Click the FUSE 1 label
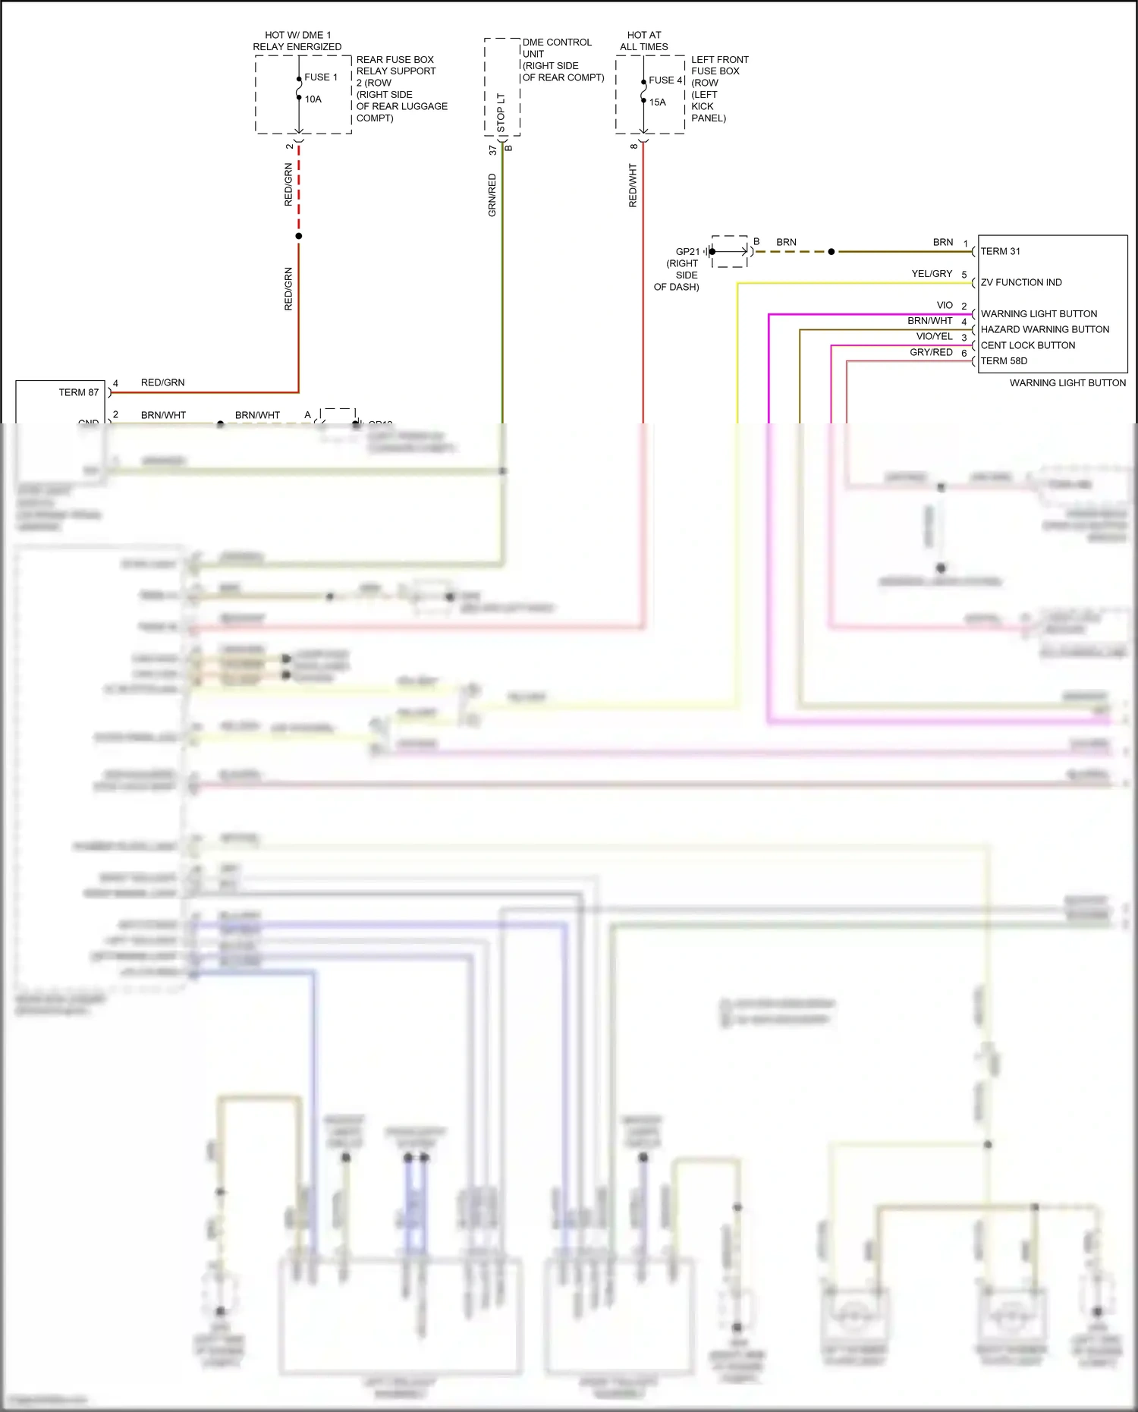[x=321, y=77]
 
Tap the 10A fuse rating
[x=313, y=99]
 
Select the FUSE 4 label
[x=666, y=80]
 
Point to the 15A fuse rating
[x=658, y=102]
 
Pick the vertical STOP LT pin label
[x=501, y=113]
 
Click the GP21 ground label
[x=687, y=252]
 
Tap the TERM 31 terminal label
[x=1000, y=252]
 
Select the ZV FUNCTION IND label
[x=1021, y=283]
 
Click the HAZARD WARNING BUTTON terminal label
[x=1045, y=330]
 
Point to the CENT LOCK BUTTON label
[x=1028, y=346]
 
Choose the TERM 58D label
[x=1004, y=361]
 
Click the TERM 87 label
[x=79, y=393]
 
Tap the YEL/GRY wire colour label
[x=932, y=274]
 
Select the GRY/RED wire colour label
[x=931, y=353]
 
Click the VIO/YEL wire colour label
[x=934, y=337]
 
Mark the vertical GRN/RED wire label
[x=492, y=195]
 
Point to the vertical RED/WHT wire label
[x=633, y=186]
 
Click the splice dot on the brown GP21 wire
[x=831, y=252]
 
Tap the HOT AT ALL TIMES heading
[x=644, y=41]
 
